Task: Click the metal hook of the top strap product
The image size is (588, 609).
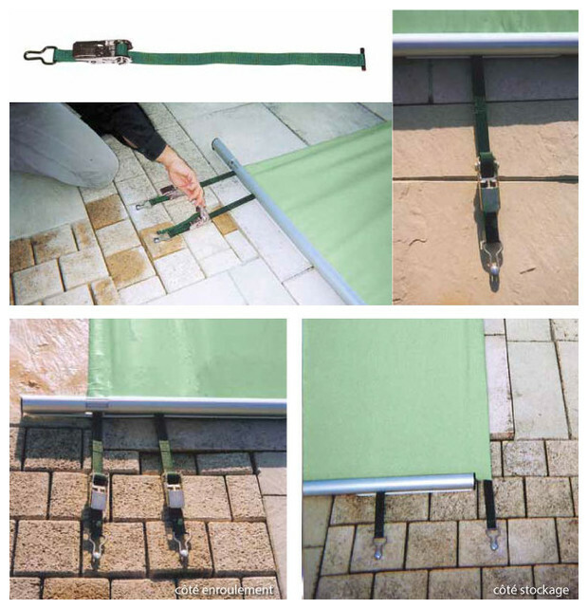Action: [40, 53]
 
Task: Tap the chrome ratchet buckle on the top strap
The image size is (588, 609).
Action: [102, 50]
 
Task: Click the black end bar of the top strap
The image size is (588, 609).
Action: [362, 59]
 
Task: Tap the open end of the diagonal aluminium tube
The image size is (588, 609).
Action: [216, 145]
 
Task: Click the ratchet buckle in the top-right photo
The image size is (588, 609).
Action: [487, 182]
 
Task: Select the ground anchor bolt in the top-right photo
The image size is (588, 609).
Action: [492, 269]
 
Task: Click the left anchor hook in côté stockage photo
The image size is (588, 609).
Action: [378, 548]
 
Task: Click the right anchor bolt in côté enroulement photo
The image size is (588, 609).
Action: [183, 550]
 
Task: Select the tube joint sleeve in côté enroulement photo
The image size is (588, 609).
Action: [97, 405]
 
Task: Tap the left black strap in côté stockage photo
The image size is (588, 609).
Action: [379, 514]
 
